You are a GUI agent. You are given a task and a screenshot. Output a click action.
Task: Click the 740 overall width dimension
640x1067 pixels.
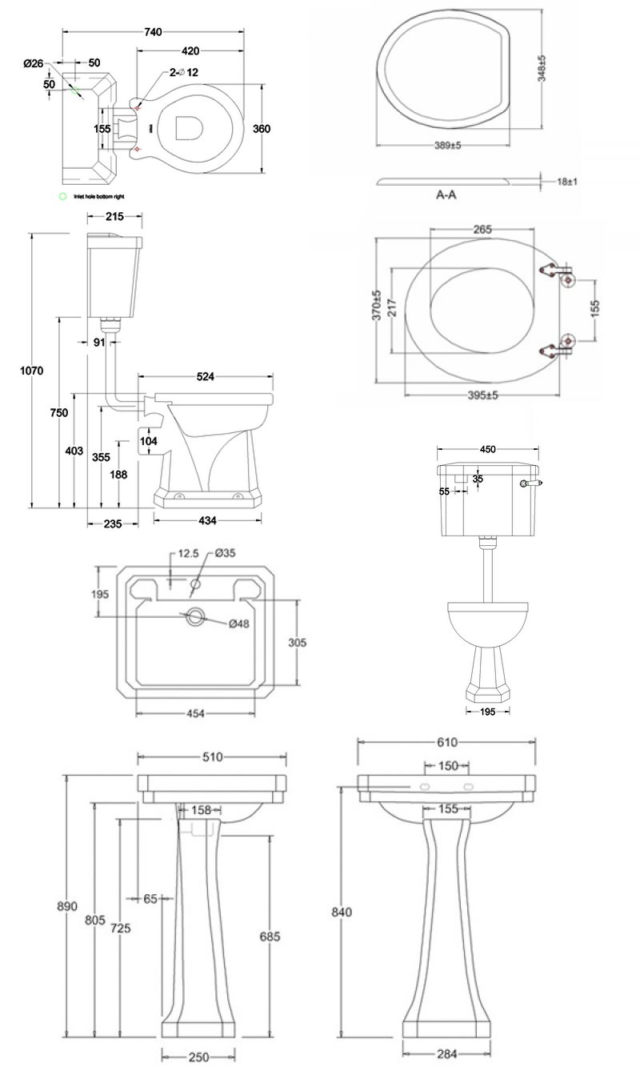pos(154,31)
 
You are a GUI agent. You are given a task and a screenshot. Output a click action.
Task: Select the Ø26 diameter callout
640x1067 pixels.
pos(33,63)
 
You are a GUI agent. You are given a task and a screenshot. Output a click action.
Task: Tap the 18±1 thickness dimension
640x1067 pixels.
pos(567,182)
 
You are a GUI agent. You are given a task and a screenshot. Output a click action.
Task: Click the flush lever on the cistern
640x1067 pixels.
pos(530,483)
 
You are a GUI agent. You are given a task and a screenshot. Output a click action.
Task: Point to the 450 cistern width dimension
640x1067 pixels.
pos(487,449)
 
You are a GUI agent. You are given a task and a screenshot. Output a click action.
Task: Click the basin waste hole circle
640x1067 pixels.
pos(194,617)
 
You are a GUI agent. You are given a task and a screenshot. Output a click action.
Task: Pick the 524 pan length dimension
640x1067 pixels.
pos(205,376)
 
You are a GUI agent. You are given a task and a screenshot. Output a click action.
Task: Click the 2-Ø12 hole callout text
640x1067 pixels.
pos(183,73)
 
